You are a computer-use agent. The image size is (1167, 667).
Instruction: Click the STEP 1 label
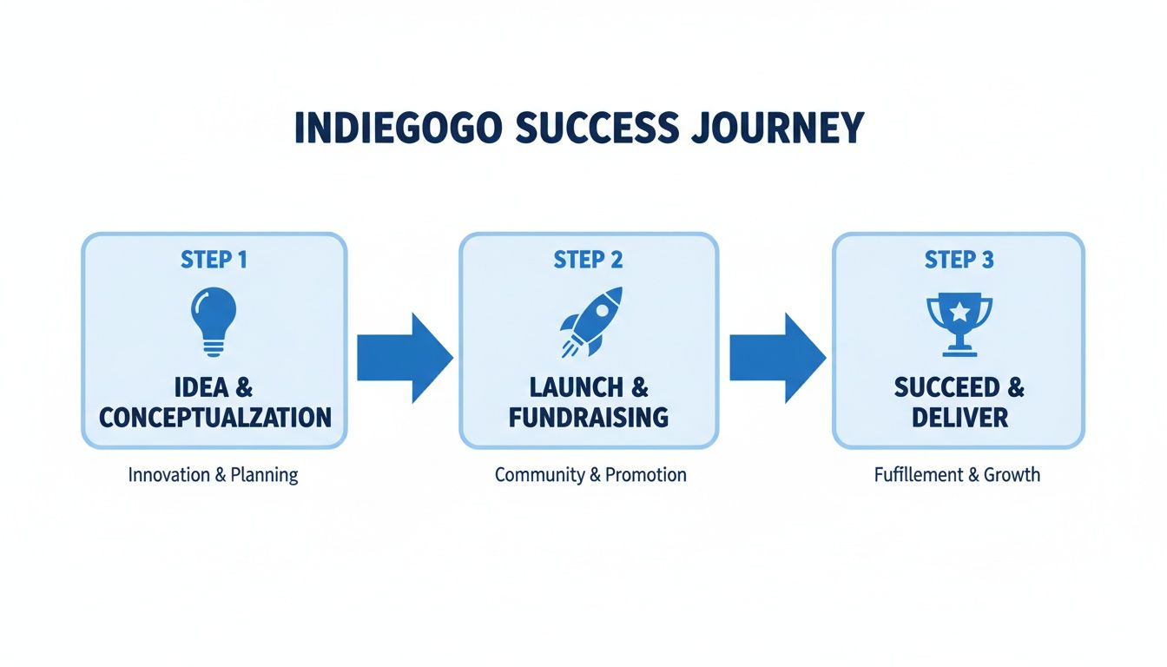coord(214,260)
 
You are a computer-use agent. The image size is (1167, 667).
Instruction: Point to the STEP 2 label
coord(588,260)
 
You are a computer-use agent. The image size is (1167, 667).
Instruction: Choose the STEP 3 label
coord(959,260)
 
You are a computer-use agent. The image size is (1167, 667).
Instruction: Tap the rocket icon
coord(590,321)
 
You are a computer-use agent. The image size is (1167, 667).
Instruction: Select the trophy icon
coord(959,324)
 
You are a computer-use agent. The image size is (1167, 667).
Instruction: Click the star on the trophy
coord(959,311)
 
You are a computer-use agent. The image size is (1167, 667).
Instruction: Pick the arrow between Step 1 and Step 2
coord(404,357)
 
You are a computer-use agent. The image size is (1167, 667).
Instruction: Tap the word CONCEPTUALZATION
coord(214,417)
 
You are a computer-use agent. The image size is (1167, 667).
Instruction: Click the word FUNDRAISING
coord(588,417)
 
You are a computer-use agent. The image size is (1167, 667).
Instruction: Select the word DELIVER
coord(959,417)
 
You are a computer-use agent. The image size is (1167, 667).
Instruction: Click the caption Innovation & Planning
coord(213,475)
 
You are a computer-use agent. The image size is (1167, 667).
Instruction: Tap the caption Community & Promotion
coord(590,475)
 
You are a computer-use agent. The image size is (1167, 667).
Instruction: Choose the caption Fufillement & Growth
coord(957,475)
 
